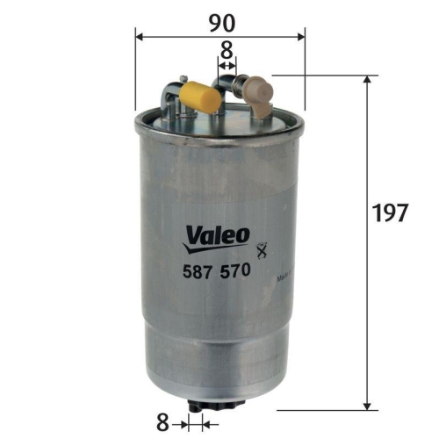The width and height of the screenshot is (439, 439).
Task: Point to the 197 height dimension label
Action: pyautogui.click(x=391, y=212)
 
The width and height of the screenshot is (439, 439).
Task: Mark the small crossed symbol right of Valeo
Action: pyautogui.click(x=259, y=249)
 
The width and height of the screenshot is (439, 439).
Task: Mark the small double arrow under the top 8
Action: pyautogui.click(x=227, y=66)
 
